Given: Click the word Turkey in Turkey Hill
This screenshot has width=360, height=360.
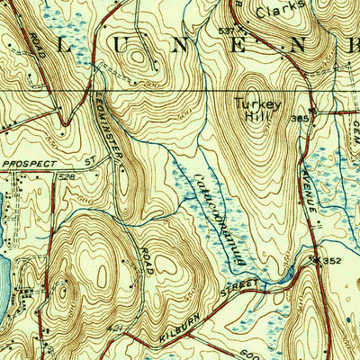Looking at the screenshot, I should [256, 103].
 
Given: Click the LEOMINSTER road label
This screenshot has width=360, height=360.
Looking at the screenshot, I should [108, 127].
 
